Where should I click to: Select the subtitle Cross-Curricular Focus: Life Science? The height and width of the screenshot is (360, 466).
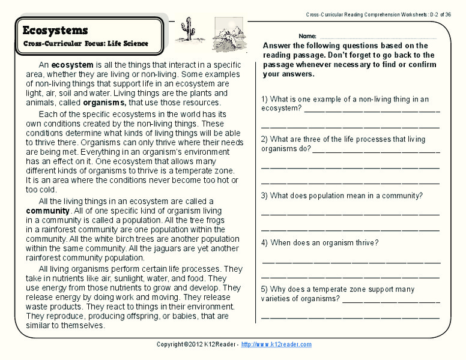[x=85, y=44]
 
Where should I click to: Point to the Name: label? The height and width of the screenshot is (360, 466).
[x=307, y=36]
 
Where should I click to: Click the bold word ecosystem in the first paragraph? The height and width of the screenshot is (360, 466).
[x=72, y=65]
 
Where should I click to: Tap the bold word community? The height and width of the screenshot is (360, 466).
[x=48, y=211]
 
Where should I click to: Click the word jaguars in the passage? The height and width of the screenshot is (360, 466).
[x=163, y=248]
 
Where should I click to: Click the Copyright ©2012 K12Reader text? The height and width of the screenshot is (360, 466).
[x=196, y=344]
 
